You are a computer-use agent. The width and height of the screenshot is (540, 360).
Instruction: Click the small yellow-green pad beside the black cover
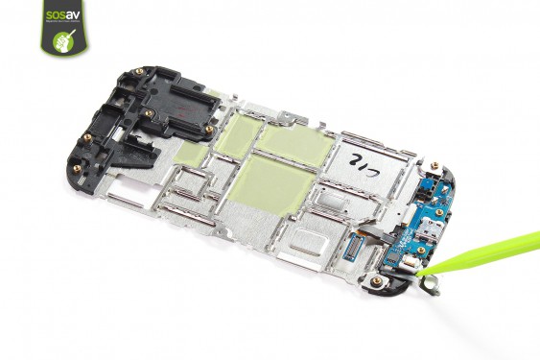[191, 152]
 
